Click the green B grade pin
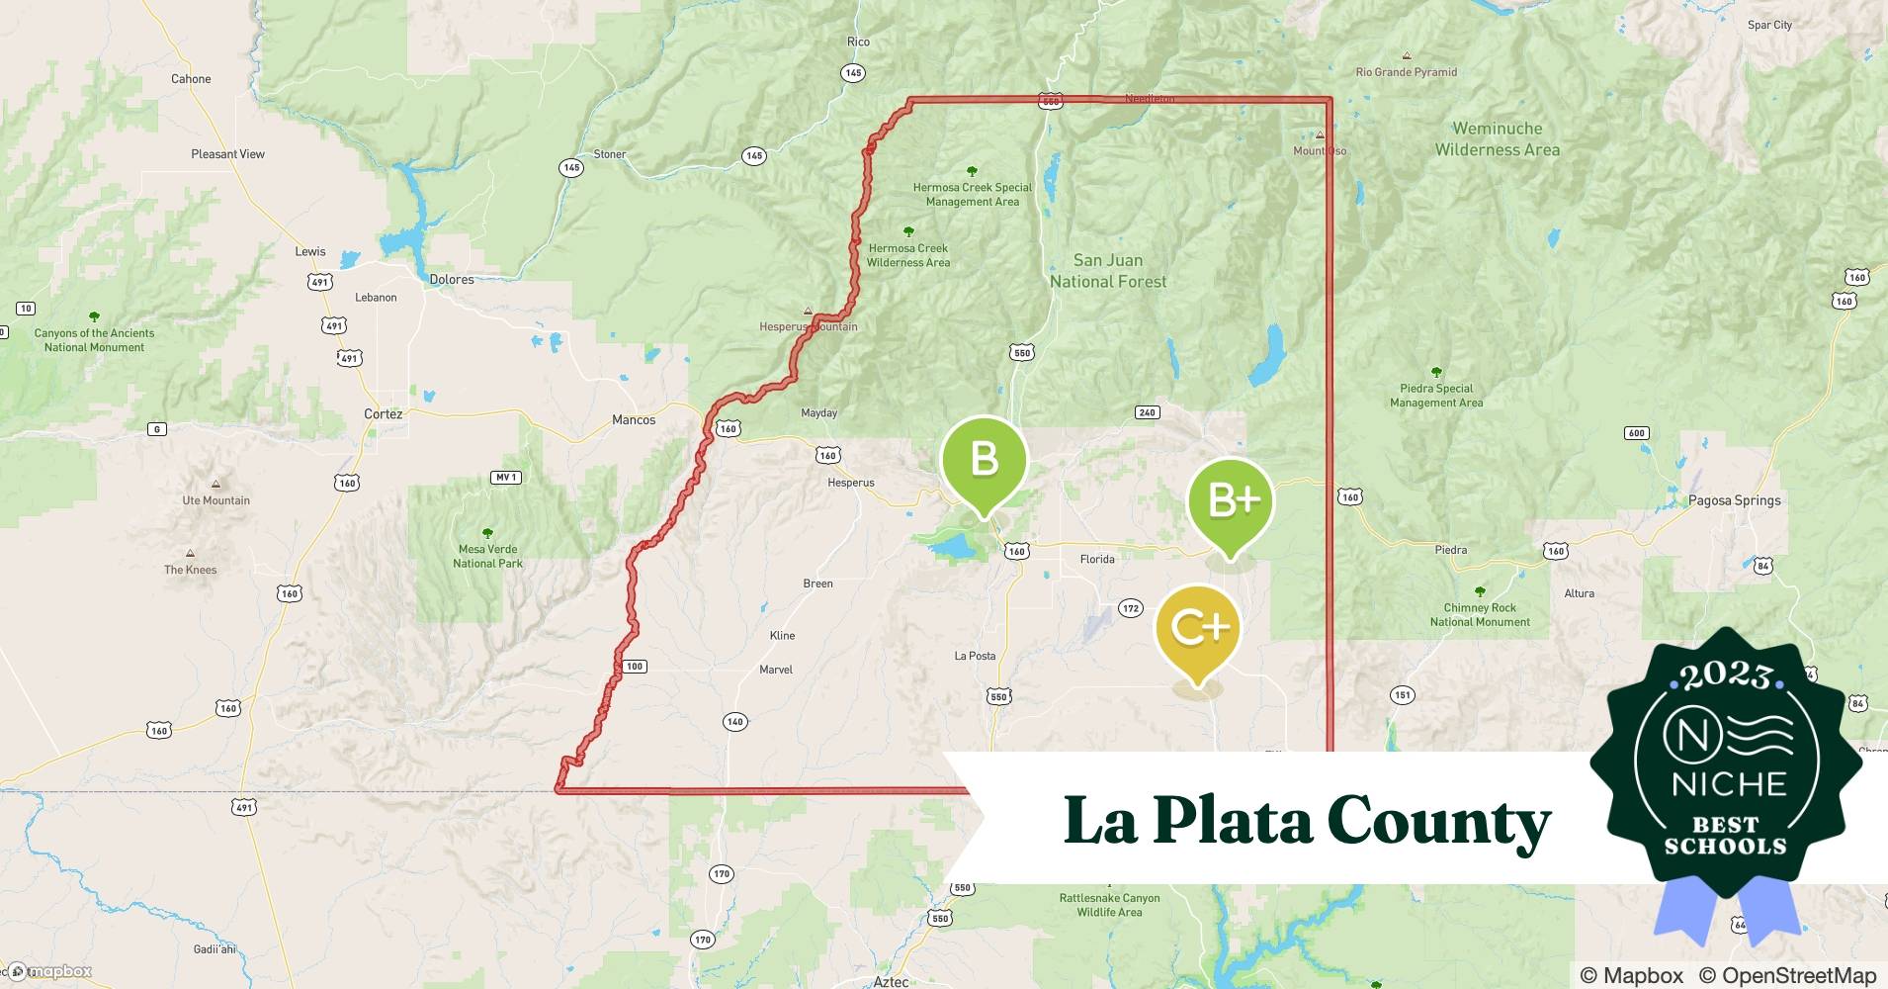(x=984, y=460)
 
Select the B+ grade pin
(x=1231, y=502)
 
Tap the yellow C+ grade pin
(x=1198, y=627)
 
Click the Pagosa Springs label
(x=1734, y=500)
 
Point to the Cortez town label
(x=384, y=414)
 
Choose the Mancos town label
(x=634, y=420)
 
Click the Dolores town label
(x=452, y=280)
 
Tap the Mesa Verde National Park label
(x=488, y=556)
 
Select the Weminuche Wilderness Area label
(x=1497, y=139)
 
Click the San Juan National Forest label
(x=1108, y=271)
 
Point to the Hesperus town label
(x=851, y=483)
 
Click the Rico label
(x=858, y=42)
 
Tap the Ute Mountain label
(x=215, y=500)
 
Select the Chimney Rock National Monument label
(x=1480, y=615)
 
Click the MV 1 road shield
(x=505, y=478)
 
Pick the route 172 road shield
(x=1131, y=608)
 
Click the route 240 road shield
(x=1147, y=412)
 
